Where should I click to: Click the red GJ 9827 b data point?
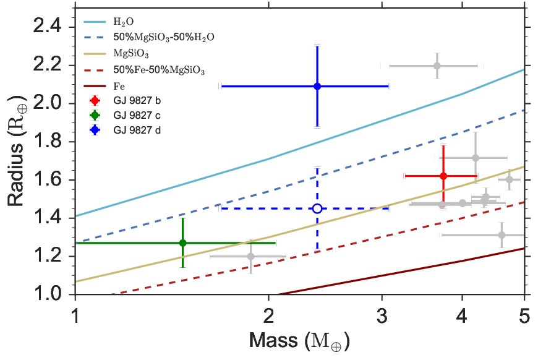click(x=443, y=176)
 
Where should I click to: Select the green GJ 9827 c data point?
click(x=183, y=243)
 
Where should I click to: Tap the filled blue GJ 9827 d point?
click(x=317, y=86)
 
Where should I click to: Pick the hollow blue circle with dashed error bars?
click(x=317, y=208)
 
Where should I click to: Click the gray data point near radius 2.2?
click(x=437, y=66)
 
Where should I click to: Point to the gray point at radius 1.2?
click(x=251, y=256)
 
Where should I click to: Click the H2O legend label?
click(x=124, y=22)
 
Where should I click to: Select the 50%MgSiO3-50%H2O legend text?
click(x=164, y=37)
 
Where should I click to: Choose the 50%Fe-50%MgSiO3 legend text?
click(x=159, y=71)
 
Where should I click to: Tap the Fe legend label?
click(x=119, y=86)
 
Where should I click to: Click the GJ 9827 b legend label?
click(x=137, y=101)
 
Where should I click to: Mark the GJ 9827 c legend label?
click(x=137, y=115)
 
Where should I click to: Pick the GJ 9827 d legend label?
click(x=137, y=131)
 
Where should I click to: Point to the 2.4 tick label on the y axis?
click(x=48, y=27)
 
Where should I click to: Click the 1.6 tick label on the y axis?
click(x=48, y=179)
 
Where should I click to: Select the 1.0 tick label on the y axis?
click(x=48, y=294)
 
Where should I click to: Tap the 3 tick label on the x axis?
click(x=382, y=316)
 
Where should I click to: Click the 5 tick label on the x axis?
click(x=524, y=316)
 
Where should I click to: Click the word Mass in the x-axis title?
click(x=274, y=340)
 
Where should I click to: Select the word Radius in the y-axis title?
click(x=16, y=174)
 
